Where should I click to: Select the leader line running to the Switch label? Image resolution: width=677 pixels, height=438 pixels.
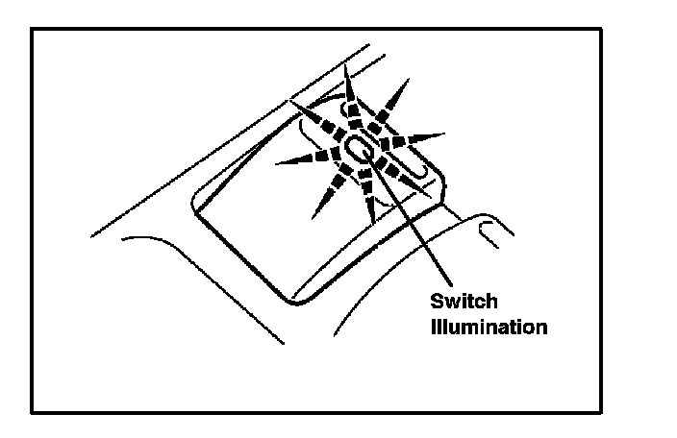(x=414, y=221)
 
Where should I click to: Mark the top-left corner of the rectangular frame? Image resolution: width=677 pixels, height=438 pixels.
(x=32, y=29)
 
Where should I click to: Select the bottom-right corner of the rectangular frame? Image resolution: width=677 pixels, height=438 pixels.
(x=601, y=413)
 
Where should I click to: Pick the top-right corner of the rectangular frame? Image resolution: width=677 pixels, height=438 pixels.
(x=601, y=29)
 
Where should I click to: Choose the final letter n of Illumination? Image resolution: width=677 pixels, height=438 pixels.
(x=542, y=328)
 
